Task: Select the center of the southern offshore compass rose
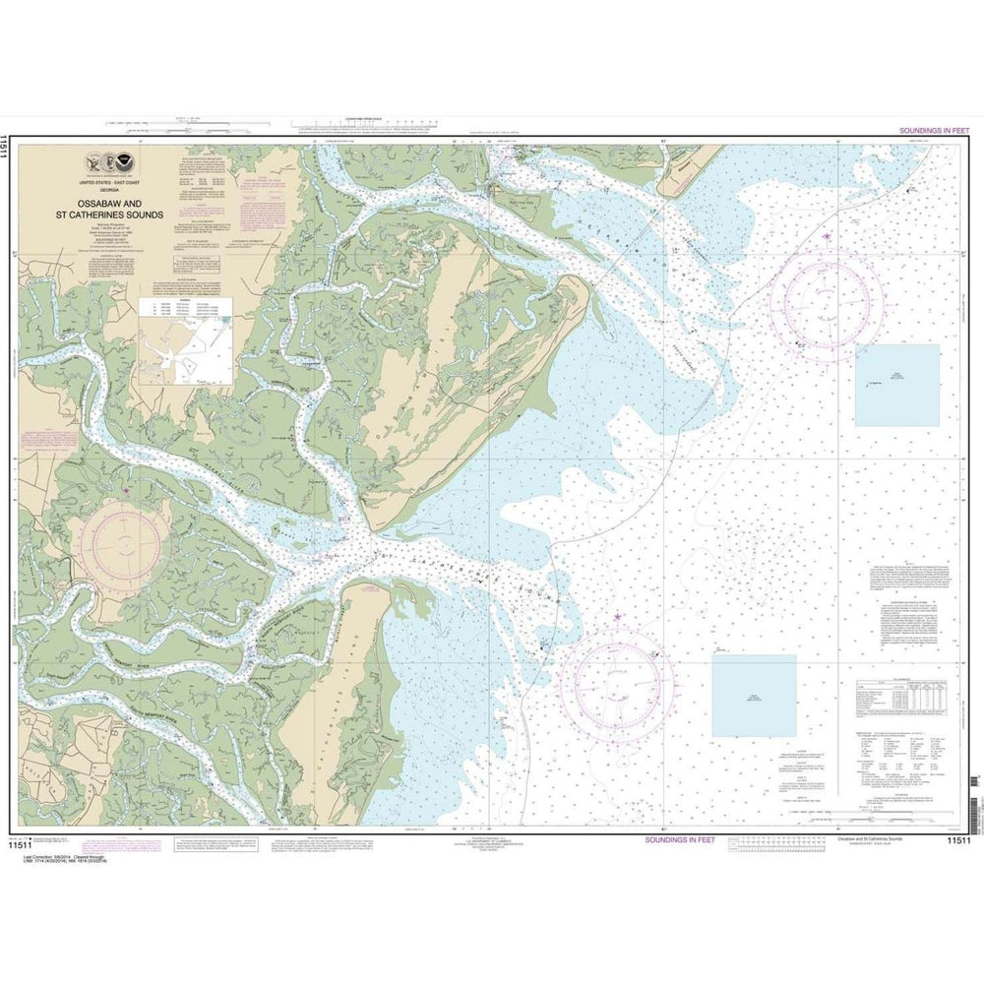pos(617,680)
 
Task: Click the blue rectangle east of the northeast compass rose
pos(896,385)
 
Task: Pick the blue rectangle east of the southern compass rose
pos(754,696)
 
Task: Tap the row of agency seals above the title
pos(105,167)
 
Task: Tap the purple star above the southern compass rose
pos(617,618)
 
